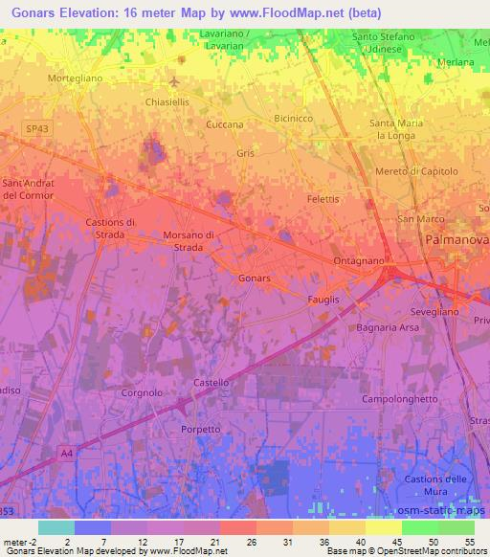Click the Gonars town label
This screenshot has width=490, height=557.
(x=255, y=278)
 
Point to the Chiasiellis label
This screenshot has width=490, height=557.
(x=167, y=101)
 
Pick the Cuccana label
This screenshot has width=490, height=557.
(x=225, y=125)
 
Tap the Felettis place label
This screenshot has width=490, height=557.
(x=323, y=199)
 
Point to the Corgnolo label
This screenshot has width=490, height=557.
(x=144, y=393)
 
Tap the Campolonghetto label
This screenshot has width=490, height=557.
(x=401, y=398)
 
